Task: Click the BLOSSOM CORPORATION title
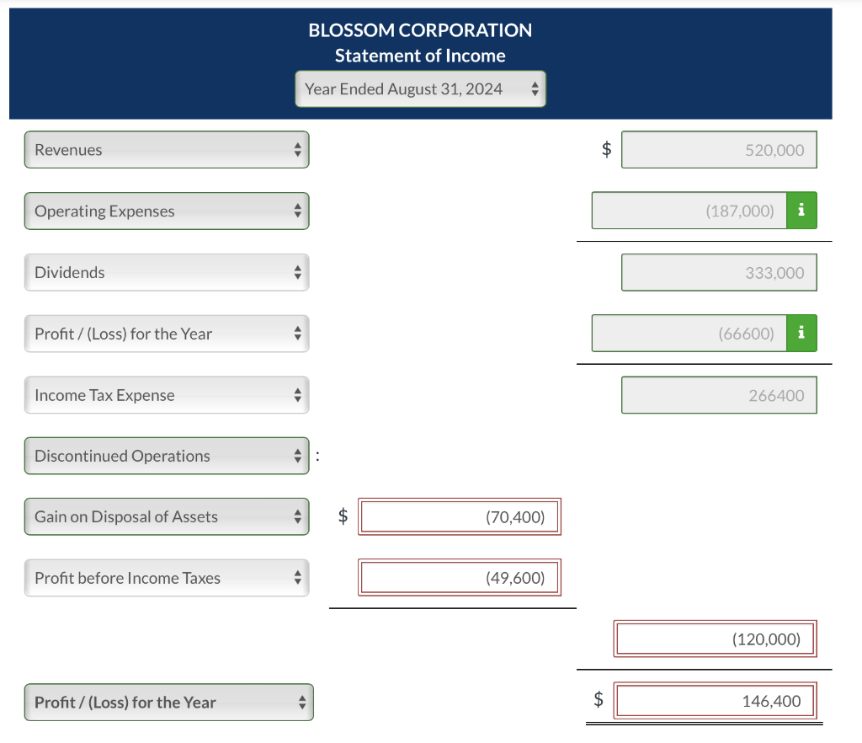point(420,30)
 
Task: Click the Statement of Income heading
point(420,56)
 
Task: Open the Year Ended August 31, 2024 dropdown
point(420,88)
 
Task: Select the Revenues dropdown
point(167,150)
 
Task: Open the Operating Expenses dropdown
point(167,211)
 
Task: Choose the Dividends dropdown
point(167,273)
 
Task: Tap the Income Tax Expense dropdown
point(167,395)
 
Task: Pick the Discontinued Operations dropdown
point(167,456)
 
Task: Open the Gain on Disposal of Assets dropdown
point(167,517)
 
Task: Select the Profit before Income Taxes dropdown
point(167,578)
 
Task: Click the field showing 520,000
point(719,150)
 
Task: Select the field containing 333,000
point(719,273)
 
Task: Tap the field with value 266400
point(719,395)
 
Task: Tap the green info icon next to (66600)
point(801,334)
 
